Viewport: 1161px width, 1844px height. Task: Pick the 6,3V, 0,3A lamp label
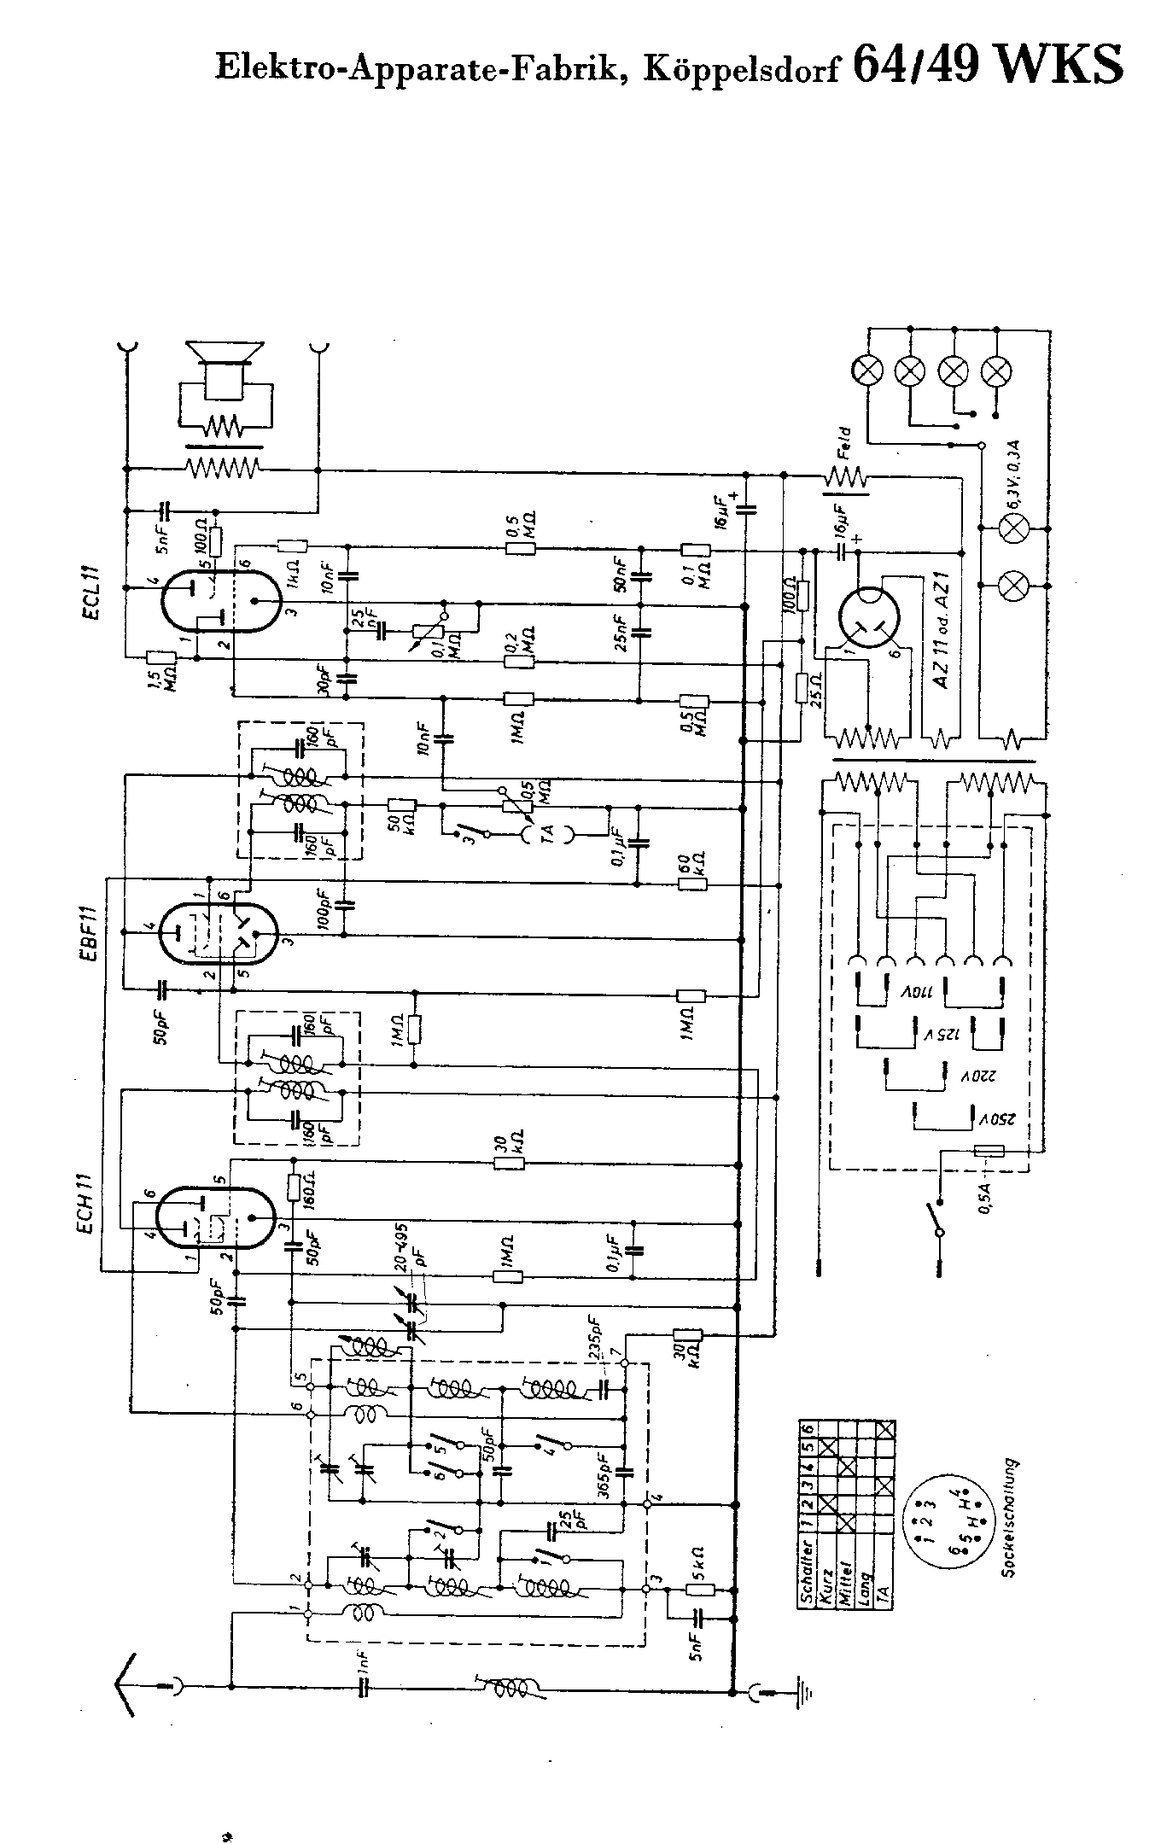[1015, 472]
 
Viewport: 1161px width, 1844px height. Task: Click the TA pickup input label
[547, 830]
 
